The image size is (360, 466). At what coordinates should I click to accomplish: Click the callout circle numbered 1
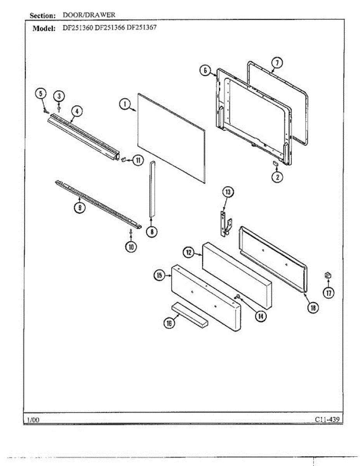pos(125,104)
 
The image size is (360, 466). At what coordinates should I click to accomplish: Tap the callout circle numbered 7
pos(276,63)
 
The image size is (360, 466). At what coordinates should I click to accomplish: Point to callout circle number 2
pos(277,177)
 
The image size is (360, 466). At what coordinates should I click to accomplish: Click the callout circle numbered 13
pos(228,191)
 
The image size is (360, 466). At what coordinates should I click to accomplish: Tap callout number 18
pos(313,308)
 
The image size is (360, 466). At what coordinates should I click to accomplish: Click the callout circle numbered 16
pos(169,323)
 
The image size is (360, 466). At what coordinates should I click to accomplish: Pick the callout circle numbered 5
pos(40,93)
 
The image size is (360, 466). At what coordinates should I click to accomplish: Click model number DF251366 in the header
pos(110,28)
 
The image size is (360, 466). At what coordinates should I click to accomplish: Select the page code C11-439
pos(329,419)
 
